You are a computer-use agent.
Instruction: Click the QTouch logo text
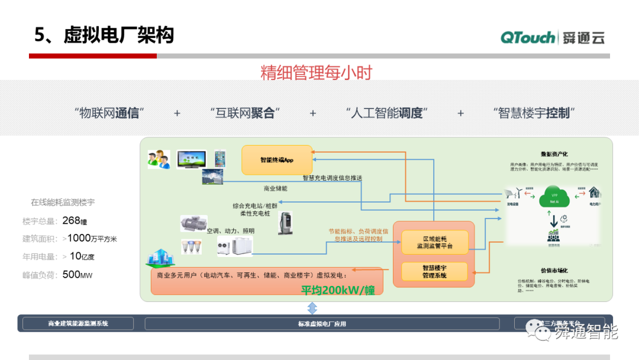click(528, 37)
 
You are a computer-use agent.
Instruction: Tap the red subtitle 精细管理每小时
click(316, 73)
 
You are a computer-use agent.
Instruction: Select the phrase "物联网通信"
click(109, 113)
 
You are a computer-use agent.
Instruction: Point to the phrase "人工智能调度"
click(386, 113)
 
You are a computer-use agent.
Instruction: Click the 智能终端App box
click(277, 160)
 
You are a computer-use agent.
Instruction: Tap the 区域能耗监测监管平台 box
click(435, 241)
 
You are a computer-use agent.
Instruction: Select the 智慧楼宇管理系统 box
click(435, 272)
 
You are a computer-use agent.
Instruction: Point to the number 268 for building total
click(71, 221)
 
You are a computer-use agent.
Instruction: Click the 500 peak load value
click(71, 274)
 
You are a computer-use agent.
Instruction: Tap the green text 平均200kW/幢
click(337, 290)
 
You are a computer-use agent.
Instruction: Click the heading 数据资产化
click(554, 154)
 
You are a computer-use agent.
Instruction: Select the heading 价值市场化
click(554, 270)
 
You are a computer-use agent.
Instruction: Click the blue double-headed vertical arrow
click(312, 308)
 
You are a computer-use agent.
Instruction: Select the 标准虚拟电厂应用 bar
click(322, 324)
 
